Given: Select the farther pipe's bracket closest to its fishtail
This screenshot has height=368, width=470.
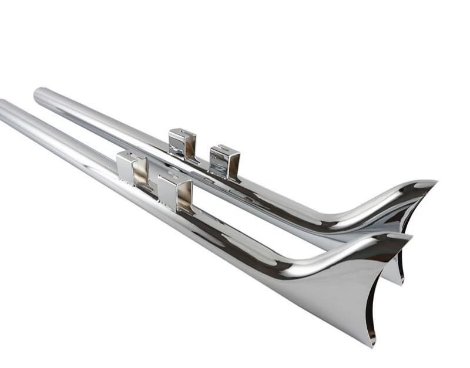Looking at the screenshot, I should (224, 161).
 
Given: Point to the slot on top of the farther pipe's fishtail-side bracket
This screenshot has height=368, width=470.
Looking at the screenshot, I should (223, 148).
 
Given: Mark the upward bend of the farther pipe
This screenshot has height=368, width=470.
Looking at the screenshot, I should (352, 220).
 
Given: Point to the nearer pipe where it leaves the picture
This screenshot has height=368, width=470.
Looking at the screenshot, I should (3, 109).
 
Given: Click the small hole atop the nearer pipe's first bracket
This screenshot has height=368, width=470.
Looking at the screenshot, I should (125, 155).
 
